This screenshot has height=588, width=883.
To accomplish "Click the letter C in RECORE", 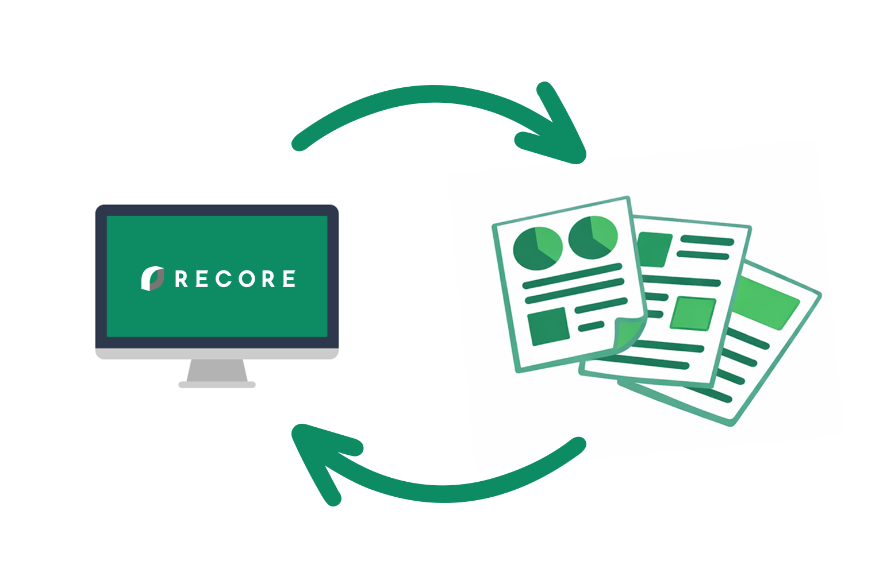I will pos(224,279).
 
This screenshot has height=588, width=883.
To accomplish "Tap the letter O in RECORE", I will pos(247,279).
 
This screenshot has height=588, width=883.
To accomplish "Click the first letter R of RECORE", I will pos(181,279).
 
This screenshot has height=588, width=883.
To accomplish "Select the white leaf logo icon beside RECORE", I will pos(152,278).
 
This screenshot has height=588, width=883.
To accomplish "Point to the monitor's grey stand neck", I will pos(217,370).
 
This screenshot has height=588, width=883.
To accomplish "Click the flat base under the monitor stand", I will pos(217,385).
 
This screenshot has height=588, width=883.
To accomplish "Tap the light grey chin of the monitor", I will pos(217,353).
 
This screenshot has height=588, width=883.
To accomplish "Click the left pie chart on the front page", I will pos(537,249).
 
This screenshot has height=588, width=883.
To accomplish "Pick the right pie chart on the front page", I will pos(593,237).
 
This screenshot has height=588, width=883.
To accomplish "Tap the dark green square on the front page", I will pos(548,326).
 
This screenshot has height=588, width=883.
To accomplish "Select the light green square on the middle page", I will pos(693,314).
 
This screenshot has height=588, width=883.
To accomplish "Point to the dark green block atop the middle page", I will pos(655,249).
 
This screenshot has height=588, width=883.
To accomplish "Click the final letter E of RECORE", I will pos(289,279).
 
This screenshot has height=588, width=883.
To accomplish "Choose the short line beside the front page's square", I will pos(591,327).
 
